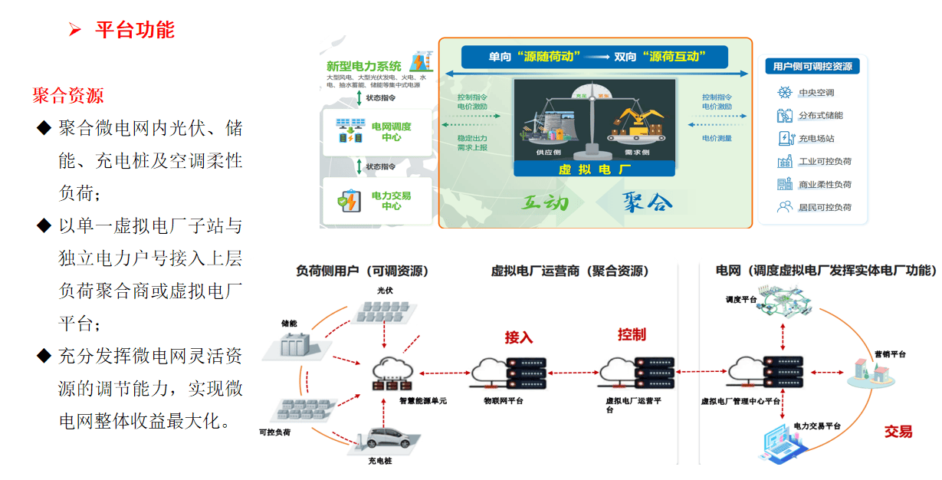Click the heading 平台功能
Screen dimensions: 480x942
tap(134, 30)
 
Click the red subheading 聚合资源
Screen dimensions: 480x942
tap(68, 96)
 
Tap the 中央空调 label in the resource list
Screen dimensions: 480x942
tap(816, 93)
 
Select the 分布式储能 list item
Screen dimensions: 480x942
tap(820, 116)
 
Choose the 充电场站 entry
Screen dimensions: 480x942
tap(816, 139)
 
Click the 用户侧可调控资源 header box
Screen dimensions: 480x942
tap(812, 67)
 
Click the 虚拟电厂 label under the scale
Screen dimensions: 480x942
tap(594, 169)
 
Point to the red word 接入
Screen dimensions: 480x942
tap(518, 337)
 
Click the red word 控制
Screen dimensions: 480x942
tap(632, 334)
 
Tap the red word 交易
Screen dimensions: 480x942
tap(898, 432)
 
